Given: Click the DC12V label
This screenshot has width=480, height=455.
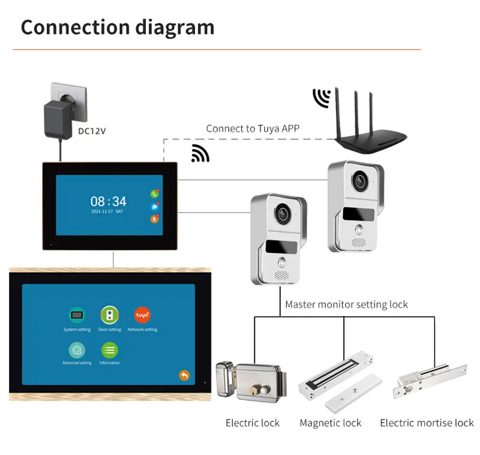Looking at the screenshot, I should (92, 131).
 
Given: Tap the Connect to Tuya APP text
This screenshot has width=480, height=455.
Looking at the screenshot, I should (253, 128).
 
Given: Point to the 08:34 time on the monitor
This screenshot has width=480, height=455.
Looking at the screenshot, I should (109, 201).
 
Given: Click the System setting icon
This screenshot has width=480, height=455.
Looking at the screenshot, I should (77, 315).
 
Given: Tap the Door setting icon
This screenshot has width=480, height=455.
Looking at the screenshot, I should (110, 315).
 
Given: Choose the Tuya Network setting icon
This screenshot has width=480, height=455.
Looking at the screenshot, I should (142, 315).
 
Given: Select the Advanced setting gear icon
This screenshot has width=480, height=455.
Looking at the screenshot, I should (77, 350).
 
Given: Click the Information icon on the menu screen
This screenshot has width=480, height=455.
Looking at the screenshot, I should (110, 350).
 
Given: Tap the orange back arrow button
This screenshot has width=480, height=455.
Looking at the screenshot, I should (184, 375).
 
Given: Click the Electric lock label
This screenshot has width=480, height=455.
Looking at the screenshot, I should (253, 423).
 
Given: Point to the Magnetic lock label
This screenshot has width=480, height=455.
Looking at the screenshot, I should (331, 423).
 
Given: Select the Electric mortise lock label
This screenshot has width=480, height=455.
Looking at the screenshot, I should (427, 423).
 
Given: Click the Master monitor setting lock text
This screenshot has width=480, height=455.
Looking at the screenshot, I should (346, 305).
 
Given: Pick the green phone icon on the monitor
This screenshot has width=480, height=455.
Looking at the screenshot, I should (155, 194).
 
